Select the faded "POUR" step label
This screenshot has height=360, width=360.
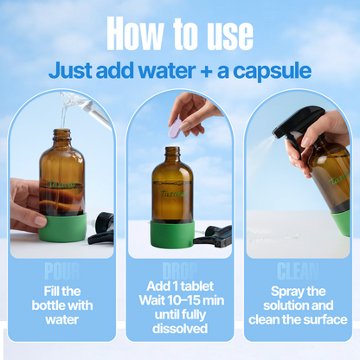pyautogui.click(x=61, y=271)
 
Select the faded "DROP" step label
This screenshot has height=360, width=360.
pyautogui.click(x=179, y=271)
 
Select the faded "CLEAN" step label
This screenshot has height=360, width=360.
pyautogui.click(x=298, y=271)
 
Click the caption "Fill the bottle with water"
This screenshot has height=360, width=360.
pyautogui.click(x=61, y=305)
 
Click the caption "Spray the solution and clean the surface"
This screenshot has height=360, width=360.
pyautogui.click(x=298, y=305)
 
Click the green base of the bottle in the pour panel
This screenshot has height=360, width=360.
pyautogui.click(x=62, y=227)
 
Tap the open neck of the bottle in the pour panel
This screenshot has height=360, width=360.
pyautogui.click(x=61, y=136)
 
